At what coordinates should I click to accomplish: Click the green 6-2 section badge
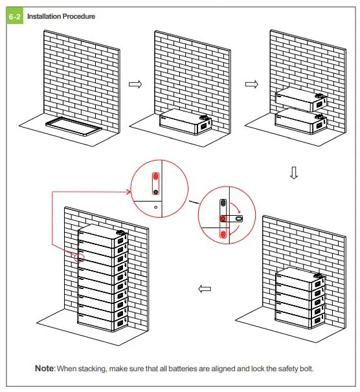pyautogui.click(x=15, y=16)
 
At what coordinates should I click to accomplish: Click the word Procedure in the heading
pyautogui.click(x=79, y=16)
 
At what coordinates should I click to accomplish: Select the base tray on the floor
pyautogui.click(x=74, y=126)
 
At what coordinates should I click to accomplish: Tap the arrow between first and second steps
pyautogui.click(x=135, y=84)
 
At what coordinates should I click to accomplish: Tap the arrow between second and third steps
pyautogui.click(x=252, y=84)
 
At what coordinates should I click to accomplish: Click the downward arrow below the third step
pyautogui.click(x=294, y=173)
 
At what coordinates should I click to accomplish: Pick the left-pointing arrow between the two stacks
pyautogui.click(x=205, y=289)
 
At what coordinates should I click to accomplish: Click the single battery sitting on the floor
pyautogui.click(x=185, y=122)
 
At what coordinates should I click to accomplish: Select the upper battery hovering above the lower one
pyautogui.click(x=301, y=99)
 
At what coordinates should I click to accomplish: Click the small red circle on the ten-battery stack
pyautogui.click(x=79, y=258)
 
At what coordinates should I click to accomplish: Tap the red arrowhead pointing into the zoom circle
pyautogui.click(x=128, y=192)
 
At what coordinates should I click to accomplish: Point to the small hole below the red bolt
pyautogui.click(x=156, y=207)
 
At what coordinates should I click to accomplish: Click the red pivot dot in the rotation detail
pyautogui.click(x=223, y=218)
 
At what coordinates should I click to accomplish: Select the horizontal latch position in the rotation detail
pyautogui.click(x=231, y=219)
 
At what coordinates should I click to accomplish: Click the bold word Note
pyautogui.click(x=44, y=368)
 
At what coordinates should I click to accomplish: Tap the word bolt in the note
pyautogui.click(x=308, y=369)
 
